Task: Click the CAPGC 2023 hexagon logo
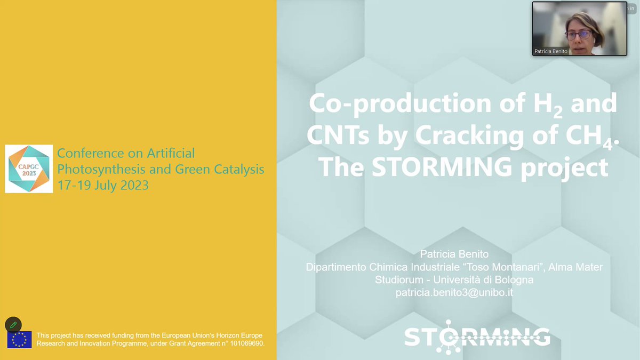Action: click(29, 169)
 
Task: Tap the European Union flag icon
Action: click(19, 340)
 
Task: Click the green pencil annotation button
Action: click(13, 324)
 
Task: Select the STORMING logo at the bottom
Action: click(477, 337)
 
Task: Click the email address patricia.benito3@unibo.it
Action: click(454, 292)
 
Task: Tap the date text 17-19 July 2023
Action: click(103, 186)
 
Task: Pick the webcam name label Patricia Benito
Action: click(551, 51)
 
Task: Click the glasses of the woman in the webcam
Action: click(579, 35)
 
